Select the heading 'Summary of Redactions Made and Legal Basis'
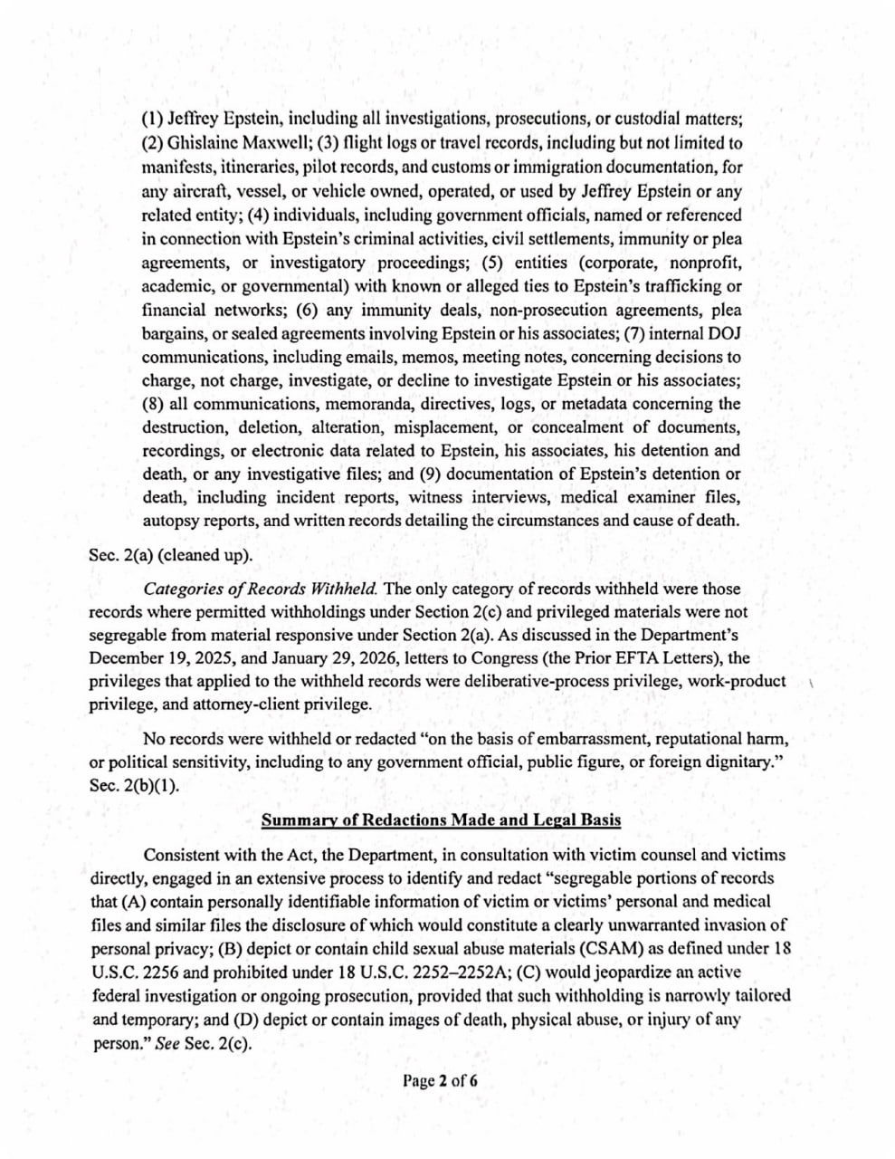coord(441,820)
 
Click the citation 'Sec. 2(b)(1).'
coord(134,785)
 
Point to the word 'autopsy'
coord(173,521)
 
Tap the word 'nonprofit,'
coord(704,263)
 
